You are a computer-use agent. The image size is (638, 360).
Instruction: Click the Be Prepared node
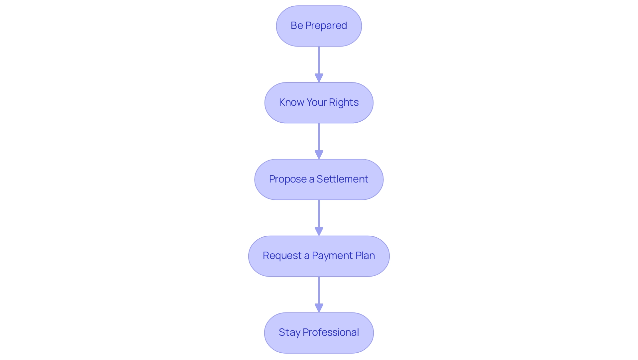pos(319,26)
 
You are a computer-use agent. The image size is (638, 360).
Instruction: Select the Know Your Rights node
pos(319,103)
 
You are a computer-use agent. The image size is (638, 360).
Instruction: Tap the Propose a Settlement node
pos(319,180)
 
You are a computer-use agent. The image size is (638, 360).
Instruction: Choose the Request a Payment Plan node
pos(319,256)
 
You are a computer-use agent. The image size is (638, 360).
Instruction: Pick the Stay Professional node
pos(319,333)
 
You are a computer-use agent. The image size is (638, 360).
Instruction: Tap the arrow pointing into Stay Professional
pos(319,293)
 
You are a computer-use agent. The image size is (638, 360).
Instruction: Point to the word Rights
pos(344,102)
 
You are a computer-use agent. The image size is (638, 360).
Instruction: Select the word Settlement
pos(342,179)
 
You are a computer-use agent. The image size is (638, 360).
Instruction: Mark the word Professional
pos(331,332)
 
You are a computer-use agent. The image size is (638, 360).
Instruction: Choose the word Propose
pos(288,179)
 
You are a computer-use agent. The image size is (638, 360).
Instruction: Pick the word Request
pos(282,256)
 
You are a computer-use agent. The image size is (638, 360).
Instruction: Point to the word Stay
pos(289,332)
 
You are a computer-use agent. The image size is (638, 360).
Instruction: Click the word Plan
pos(365,256)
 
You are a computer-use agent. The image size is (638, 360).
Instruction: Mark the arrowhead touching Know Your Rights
pos(319,78)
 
